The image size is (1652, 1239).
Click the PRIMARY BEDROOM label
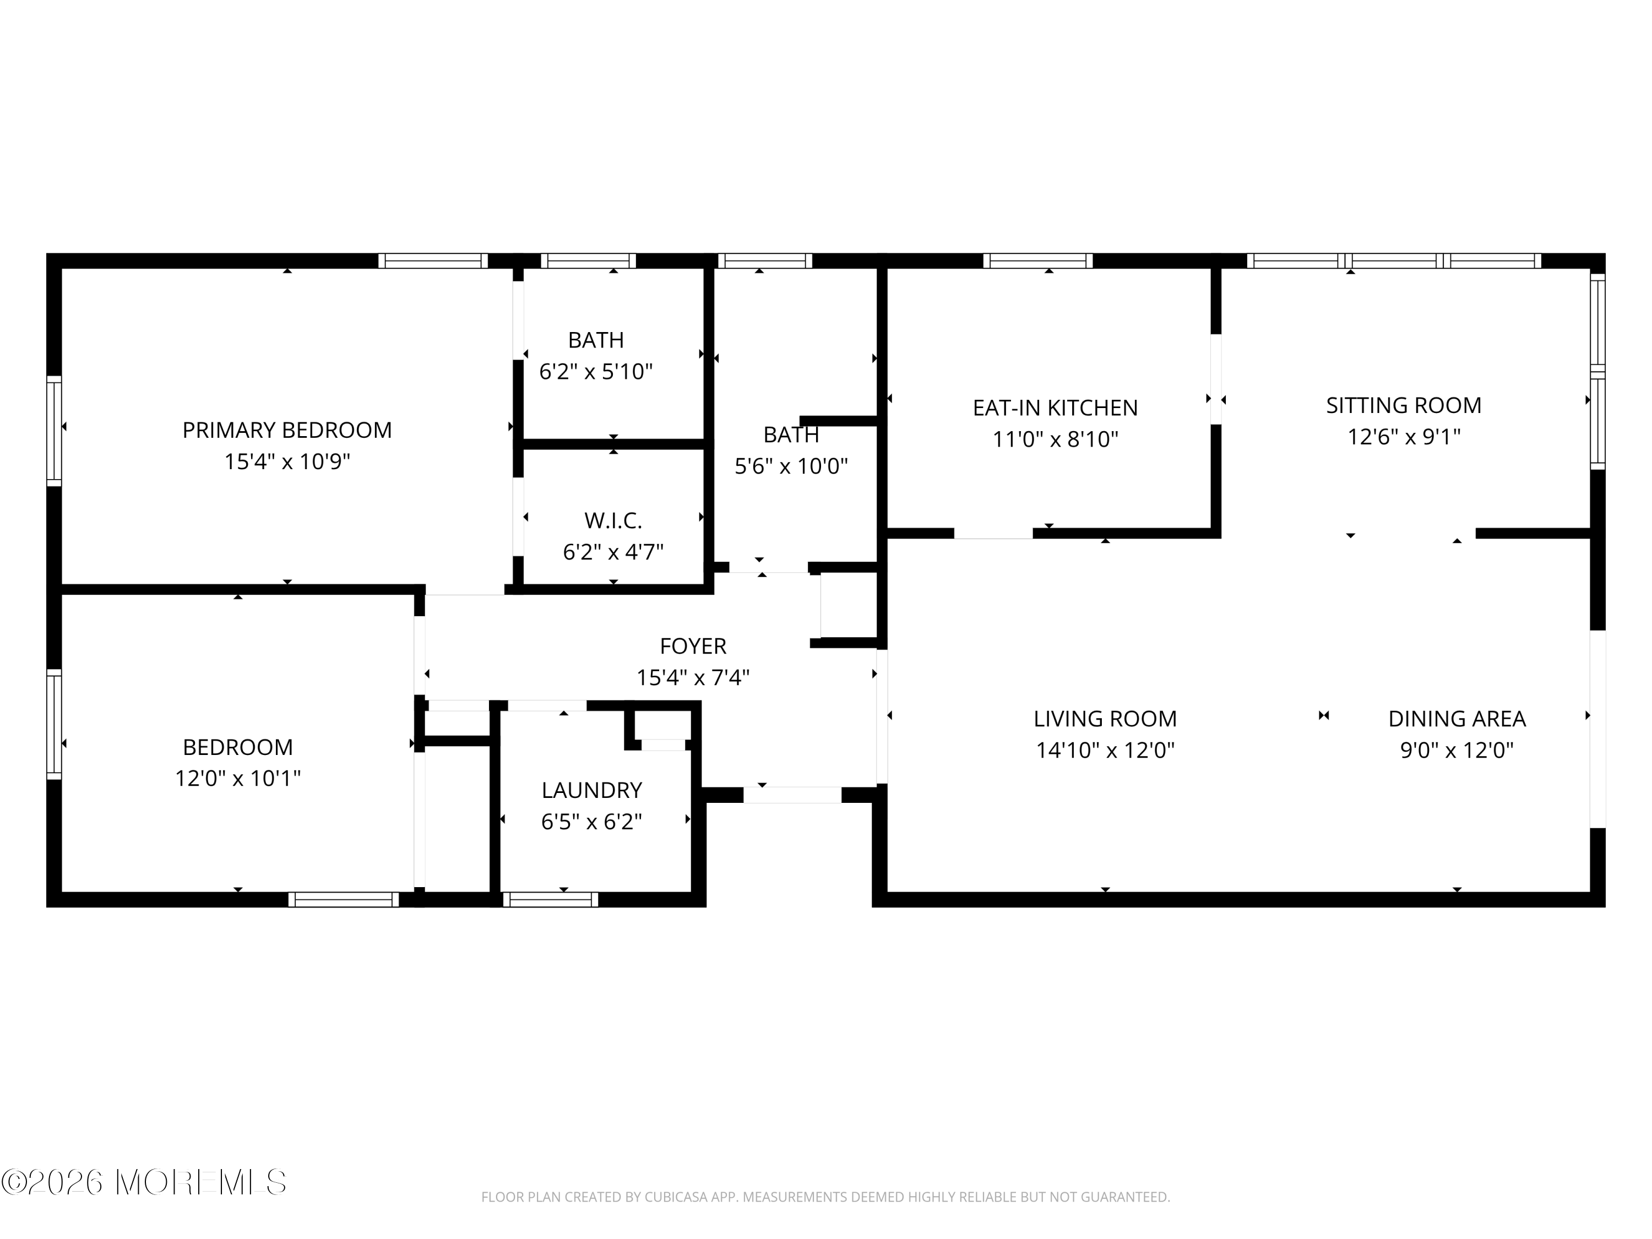pos(287,430)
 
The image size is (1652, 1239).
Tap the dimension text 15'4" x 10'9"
pos(287,461)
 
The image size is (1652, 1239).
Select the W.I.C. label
pos(612,520)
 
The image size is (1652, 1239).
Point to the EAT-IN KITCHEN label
pos(1055,408)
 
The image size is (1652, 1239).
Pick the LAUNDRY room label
pos(591,790)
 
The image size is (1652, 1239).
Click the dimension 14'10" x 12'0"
pos(1105,750)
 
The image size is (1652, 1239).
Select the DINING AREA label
pos(1457,719)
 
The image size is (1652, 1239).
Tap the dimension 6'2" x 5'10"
pos(595,372)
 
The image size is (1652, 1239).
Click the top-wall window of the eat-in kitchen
pos(1037,260)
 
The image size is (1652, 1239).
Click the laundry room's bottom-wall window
pos(551,900)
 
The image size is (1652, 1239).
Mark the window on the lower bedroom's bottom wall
pos(344,900)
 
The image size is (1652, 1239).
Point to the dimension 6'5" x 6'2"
pos(591,822)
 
